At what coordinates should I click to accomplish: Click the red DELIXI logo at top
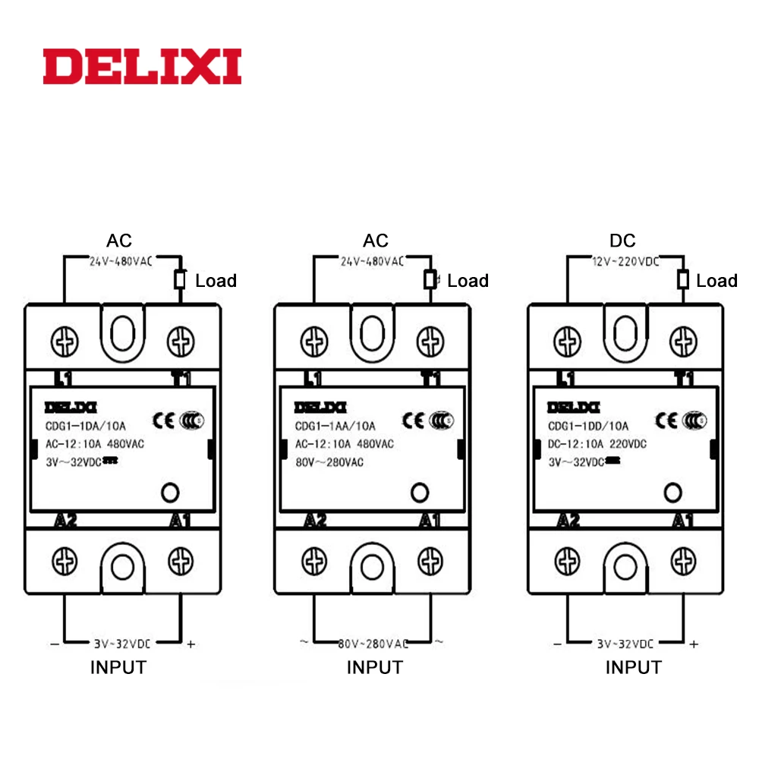[x=142, y=67]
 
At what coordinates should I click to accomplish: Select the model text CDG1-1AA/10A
[x=335, y=426]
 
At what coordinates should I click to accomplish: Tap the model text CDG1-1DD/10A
[x=587, y=426]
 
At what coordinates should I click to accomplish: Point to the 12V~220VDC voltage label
[x=625, y=261]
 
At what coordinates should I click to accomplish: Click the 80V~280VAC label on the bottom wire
[x=373, y=644]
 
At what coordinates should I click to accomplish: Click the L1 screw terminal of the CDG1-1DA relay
[x=64, y=339]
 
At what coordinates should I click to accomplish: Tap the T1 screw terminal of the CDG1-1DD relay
[x=684, y=339]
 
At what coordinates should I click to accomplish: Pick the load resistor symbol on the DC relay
[x=683, y=281]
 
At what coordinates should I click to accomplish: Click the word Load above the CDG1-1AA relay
[x=468, y=281]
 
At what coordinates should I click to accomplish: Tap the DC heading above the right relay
[x=622, y=241]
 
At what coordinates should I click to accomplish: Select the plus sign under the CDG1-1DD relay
[x=694, y=644]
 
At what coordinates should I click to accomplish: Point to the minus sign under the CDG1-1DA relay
[x=54, y=644]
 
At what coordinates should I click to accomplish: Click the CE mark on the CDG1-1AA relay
[x=414, y=420]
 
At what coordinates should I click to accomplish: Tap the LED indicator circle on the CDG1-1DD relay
[x=671, y=493]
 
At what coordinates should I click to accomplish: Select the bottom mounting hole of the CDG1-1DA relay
[x=121, y=566]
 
